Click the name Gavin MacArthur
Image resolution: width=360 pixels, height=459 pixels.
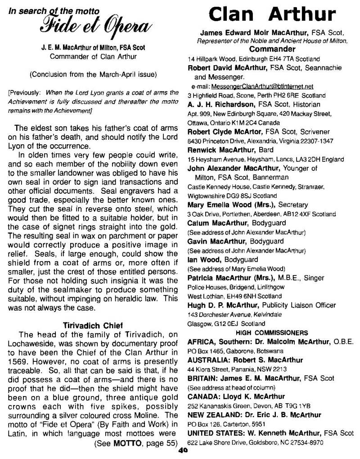[x=214, y=242]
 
